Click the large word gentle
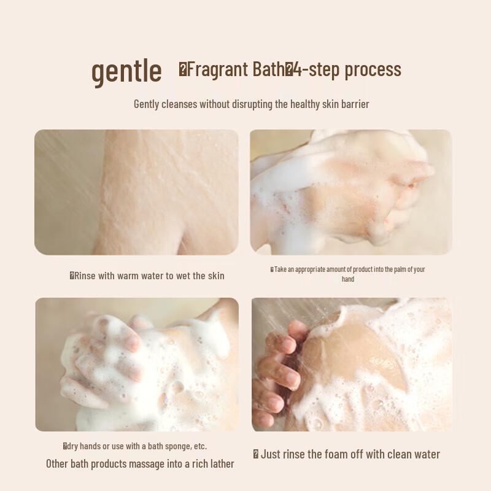[x=126, y=71]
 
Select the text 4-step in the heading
[x=317, y=70]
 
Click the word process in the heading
[x=373, y=71]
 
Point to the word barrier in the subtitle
[x=355, y=104]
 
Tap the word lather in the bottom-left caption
[x=223, y=464]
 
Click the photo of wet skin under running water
[x=136, y=192]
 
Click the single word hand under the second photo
[x=348, y=279]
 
